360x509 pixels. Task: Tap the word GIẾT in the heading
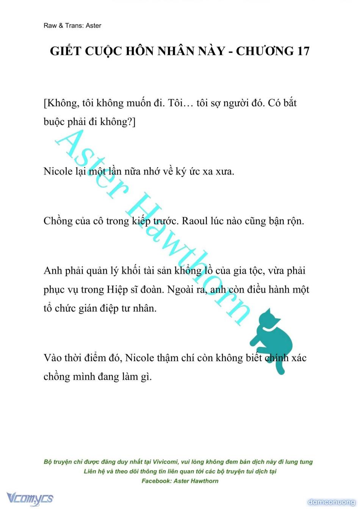(66, 51)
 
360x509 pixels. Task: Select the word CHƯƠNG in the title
(265, 51)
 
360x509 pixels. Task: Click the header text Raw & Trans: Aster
(72, 25)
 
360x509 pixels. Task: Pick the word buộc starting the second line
(54, 122)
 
